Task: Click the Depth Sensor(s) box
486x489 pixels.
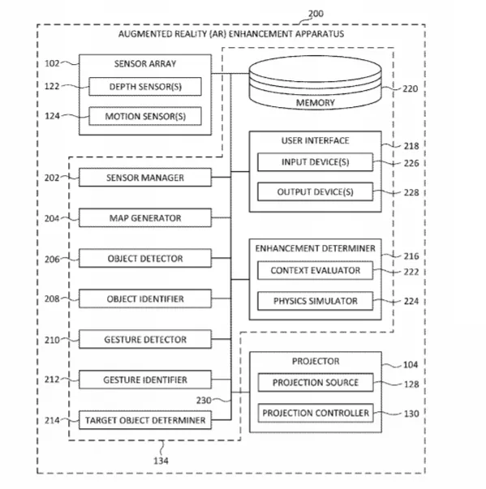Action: (145, 87)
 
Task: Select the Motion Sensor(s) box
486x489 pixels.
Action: (145, 116)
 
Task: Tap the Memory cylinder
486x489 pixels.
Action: (315, 83)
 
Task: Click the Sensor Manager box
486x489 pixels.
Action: (145, 178)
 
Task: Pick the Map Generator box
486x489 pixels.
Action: (145, 217)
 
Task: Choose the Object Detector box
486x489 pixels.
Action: (145, 258)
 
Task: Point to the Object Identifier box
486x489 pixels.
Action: (145, 298)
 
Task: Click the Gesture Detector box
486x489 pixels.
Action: (145, 339)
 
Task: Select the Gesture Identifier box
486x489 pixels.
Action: (145, 380)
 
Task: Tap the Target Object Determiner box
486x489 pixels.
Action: (145, 420)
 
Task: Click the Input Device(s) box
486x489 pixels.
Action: (315, 162)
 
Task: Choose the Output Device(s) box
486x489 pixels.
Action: (315, 191)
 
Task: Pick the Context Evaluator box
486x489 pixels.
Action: (315, 270)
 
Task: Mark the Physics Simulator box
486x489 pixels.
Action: (315, 301)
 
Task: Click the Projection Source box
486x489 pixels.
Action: (316, 382)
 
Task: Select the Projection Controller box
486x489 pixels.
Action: (316, 413)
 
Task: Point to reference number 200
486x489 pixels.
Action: (316, 14)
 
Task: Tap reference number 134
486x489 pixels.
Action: (161, 461)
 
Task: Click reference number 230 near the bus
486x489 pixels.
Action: (204, 400)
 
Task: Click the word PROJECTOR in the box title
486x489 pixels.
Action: (316, 361)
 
